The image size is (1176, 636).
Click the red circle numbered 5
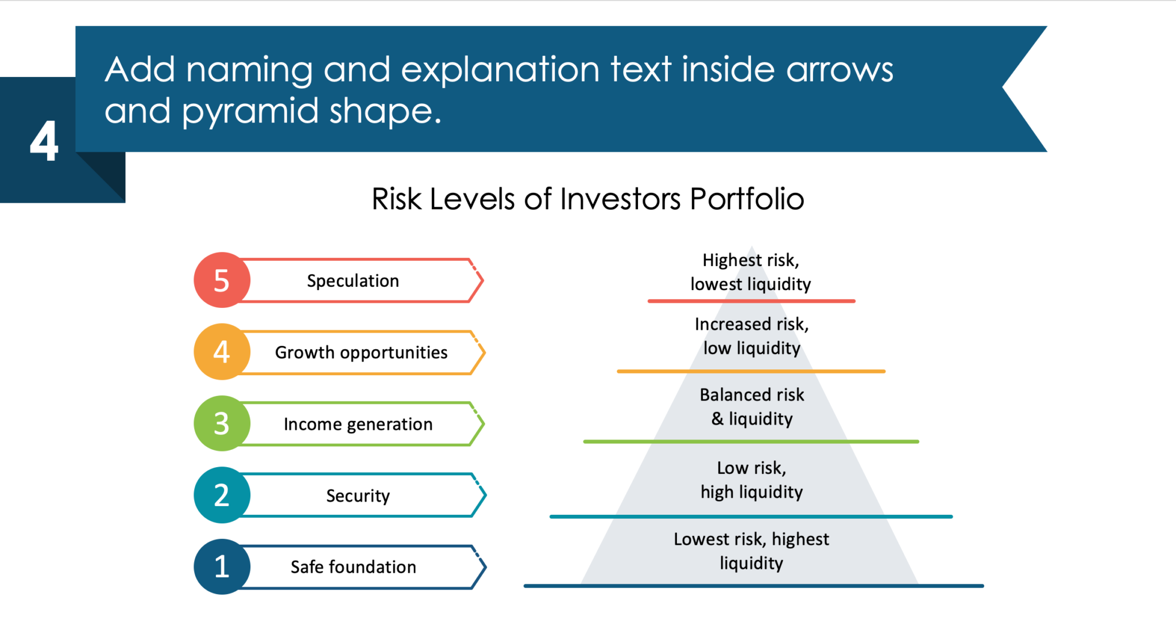222,280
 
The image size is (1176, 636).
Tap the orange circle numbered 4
222,352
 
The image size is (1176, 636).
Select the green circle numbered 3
222,423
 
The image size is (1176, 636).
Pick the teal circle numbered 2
222,495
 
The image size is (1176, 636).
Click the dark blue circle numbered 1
222,566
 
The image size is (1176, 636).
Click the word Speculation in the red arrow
353,281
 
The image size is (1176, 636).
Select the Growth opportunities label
361,352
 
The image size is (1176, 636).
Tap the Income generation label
358,424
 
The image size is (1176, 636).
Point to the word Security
358,495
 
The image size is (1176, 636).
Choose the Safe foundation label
353,567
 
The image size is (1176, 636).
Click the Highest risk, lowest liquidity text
751,272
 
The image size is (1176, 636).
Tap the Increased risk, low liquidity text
752,336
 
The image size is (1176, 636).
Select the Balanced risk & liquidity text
752,407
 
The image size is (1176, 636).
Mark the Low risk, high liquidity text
752,480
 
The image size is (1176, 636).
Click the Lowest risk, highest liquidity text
751,551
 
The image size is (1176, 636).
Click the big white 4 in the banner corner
44,141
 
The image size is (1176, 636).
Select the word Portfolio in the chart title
746,199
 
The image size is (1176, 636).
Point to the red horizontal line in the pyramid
751,301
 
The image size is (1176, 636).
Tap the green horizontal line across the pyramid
751,442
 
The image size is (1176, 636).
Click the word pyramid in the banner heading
250,111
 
